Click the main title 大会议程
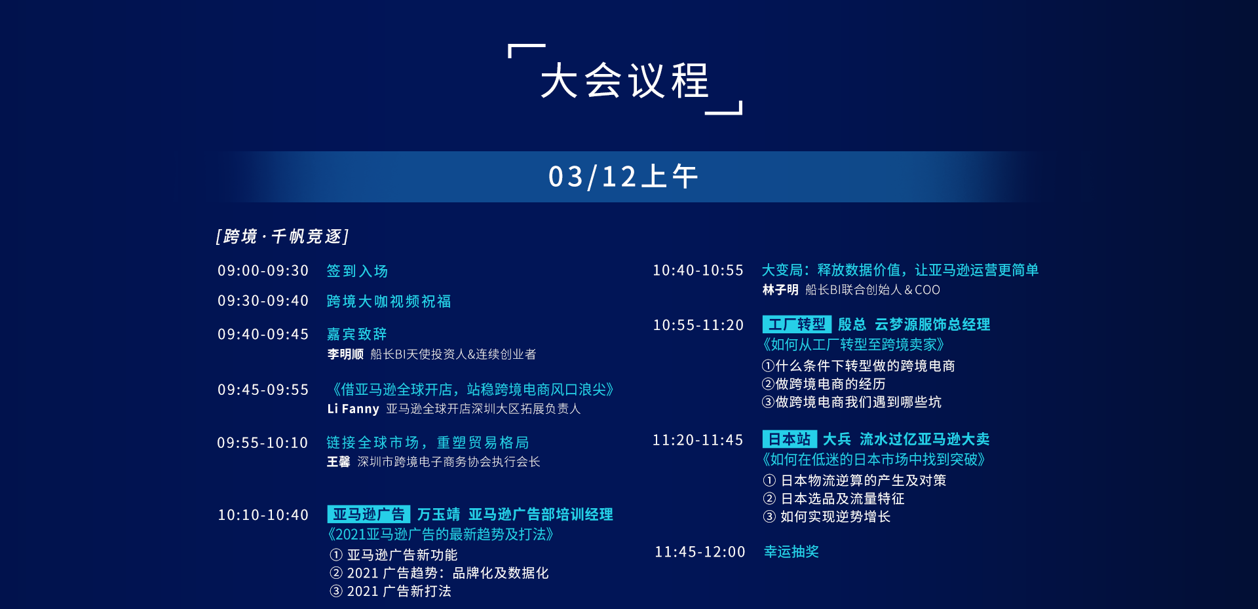click(x=625, y=81)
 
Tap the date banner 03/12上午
click(x=623, y=177)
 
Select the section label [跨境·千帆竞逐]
click(x=282, y=236)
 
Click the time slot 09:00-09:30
click(x=263, y=270)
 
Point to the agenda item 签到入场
click(x=357, y=271)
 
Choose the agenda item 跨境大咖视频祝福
click(x=389, y=301)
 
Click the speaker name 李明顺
click(x=345, y=354)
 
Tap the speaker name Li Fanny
click(x=353, y=409)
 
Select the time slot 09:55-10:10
click(x=262, y=443)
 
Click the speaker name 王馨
click(x=339, y=462)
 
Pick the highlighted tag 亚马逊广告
click(x=369, y=514)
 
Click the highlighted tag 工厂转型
click(x=797, y=324)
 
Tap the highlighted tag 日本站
click(x=790, y=439)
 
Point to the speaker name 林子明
click(x=780, y=289)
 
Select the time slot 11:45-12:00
click(x=700, y=552)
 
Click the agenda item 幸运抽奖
click(x=791, y=552)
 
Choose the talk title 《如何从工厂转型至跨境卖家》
click(x=854, y=344)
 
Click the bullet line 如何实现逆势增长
click(x=827, y=517)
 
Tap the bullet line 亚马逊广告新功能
click(x=394, y=555)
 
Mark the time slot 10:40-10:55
click(x=698, y=270)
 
